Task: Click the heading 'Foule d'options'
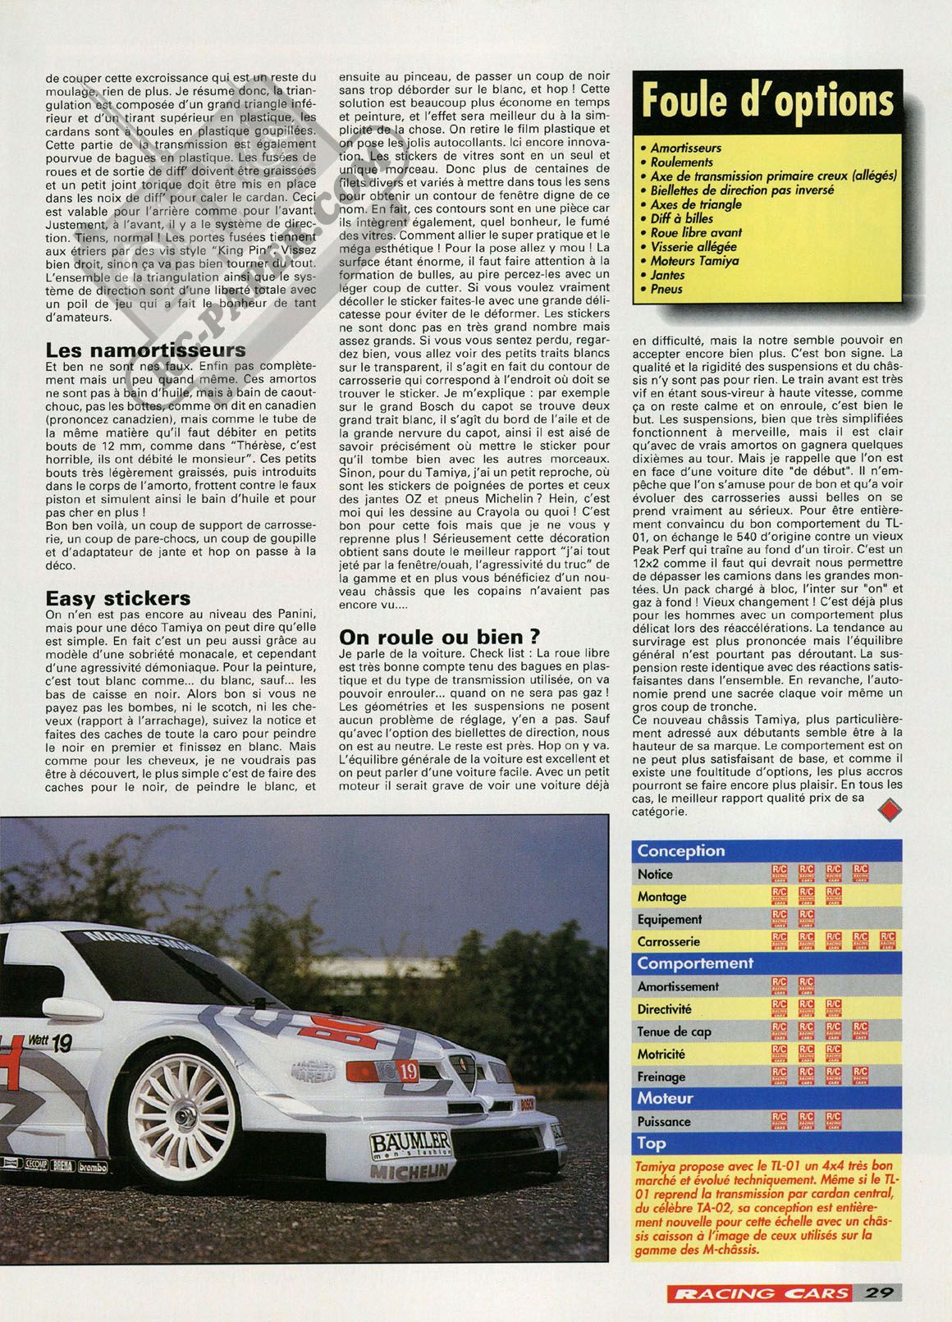click(x=767, y=101)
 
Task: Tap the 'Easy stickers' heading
click(x=118, y=599)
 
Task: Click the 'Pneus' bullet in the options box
click(x=666, y=289)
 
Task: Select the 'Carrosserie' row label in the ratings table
click(x=668, y=942)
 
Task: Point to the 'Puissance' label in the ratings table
click(x=664, y=1121)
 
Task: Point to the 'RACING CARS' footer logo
click(x=758, y=1292)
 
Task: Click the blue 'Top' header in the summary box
click(x=652, y=1143)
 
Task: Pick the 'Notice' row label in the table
click(x=655, y=875)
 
